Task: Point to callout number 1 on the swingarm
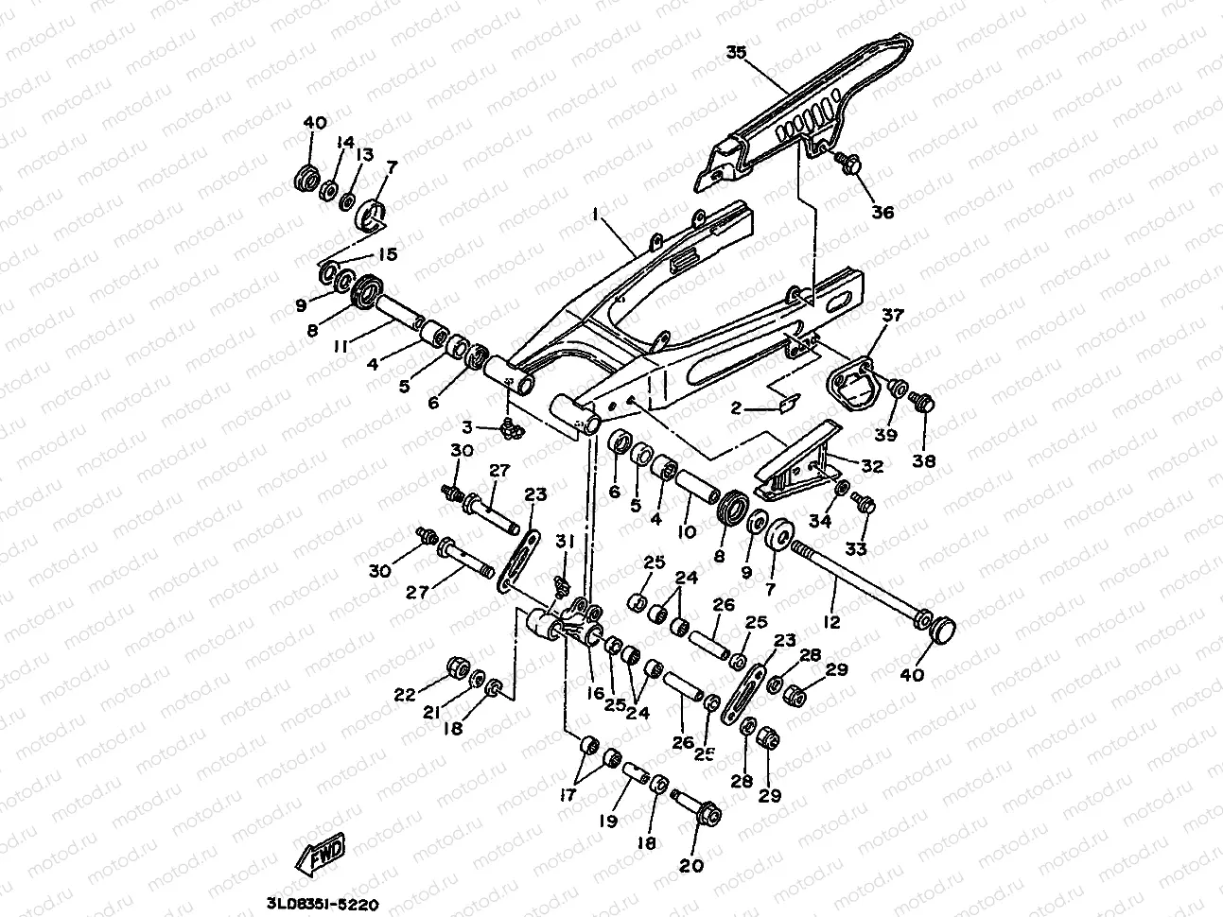[597, 216]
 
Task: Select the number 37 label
[893, 315]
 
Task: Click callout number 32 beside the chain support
[872, 465]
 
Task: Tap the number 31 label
[565, 541]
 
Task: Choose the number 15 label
[388, 254]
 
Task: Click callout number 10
[687, 532]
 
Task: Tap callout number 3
[492, 427]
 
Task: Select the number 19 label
[609, 822]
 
